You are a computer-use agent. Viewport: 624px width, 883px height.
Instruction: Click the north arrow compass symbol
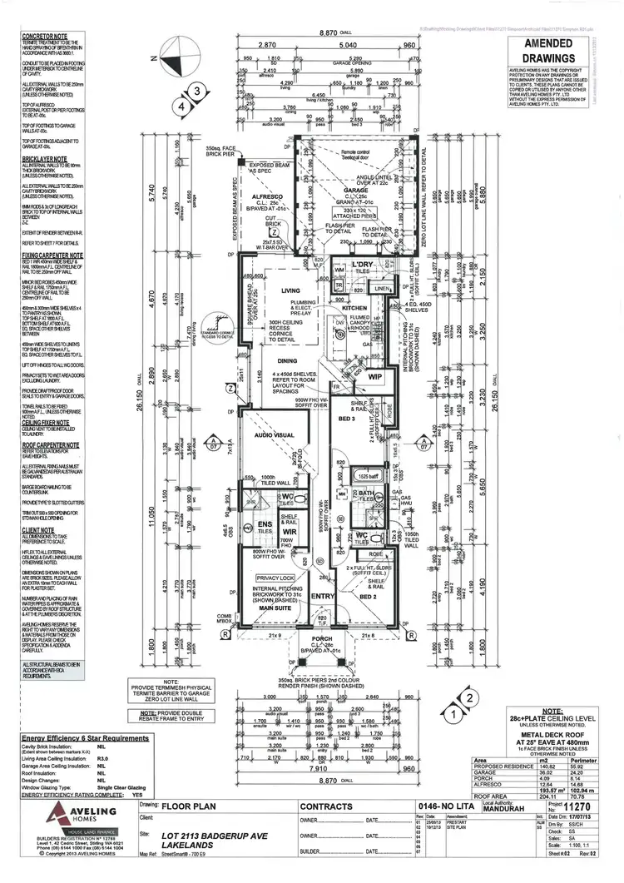176,58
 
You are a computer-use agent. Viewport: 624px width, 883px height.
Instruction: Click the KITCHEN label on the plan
354,308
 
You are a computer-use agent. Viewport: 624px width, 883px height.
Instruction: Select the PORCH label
322,639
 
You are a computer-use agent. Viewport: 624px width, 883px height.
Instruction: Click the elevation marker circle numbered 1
453,712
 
